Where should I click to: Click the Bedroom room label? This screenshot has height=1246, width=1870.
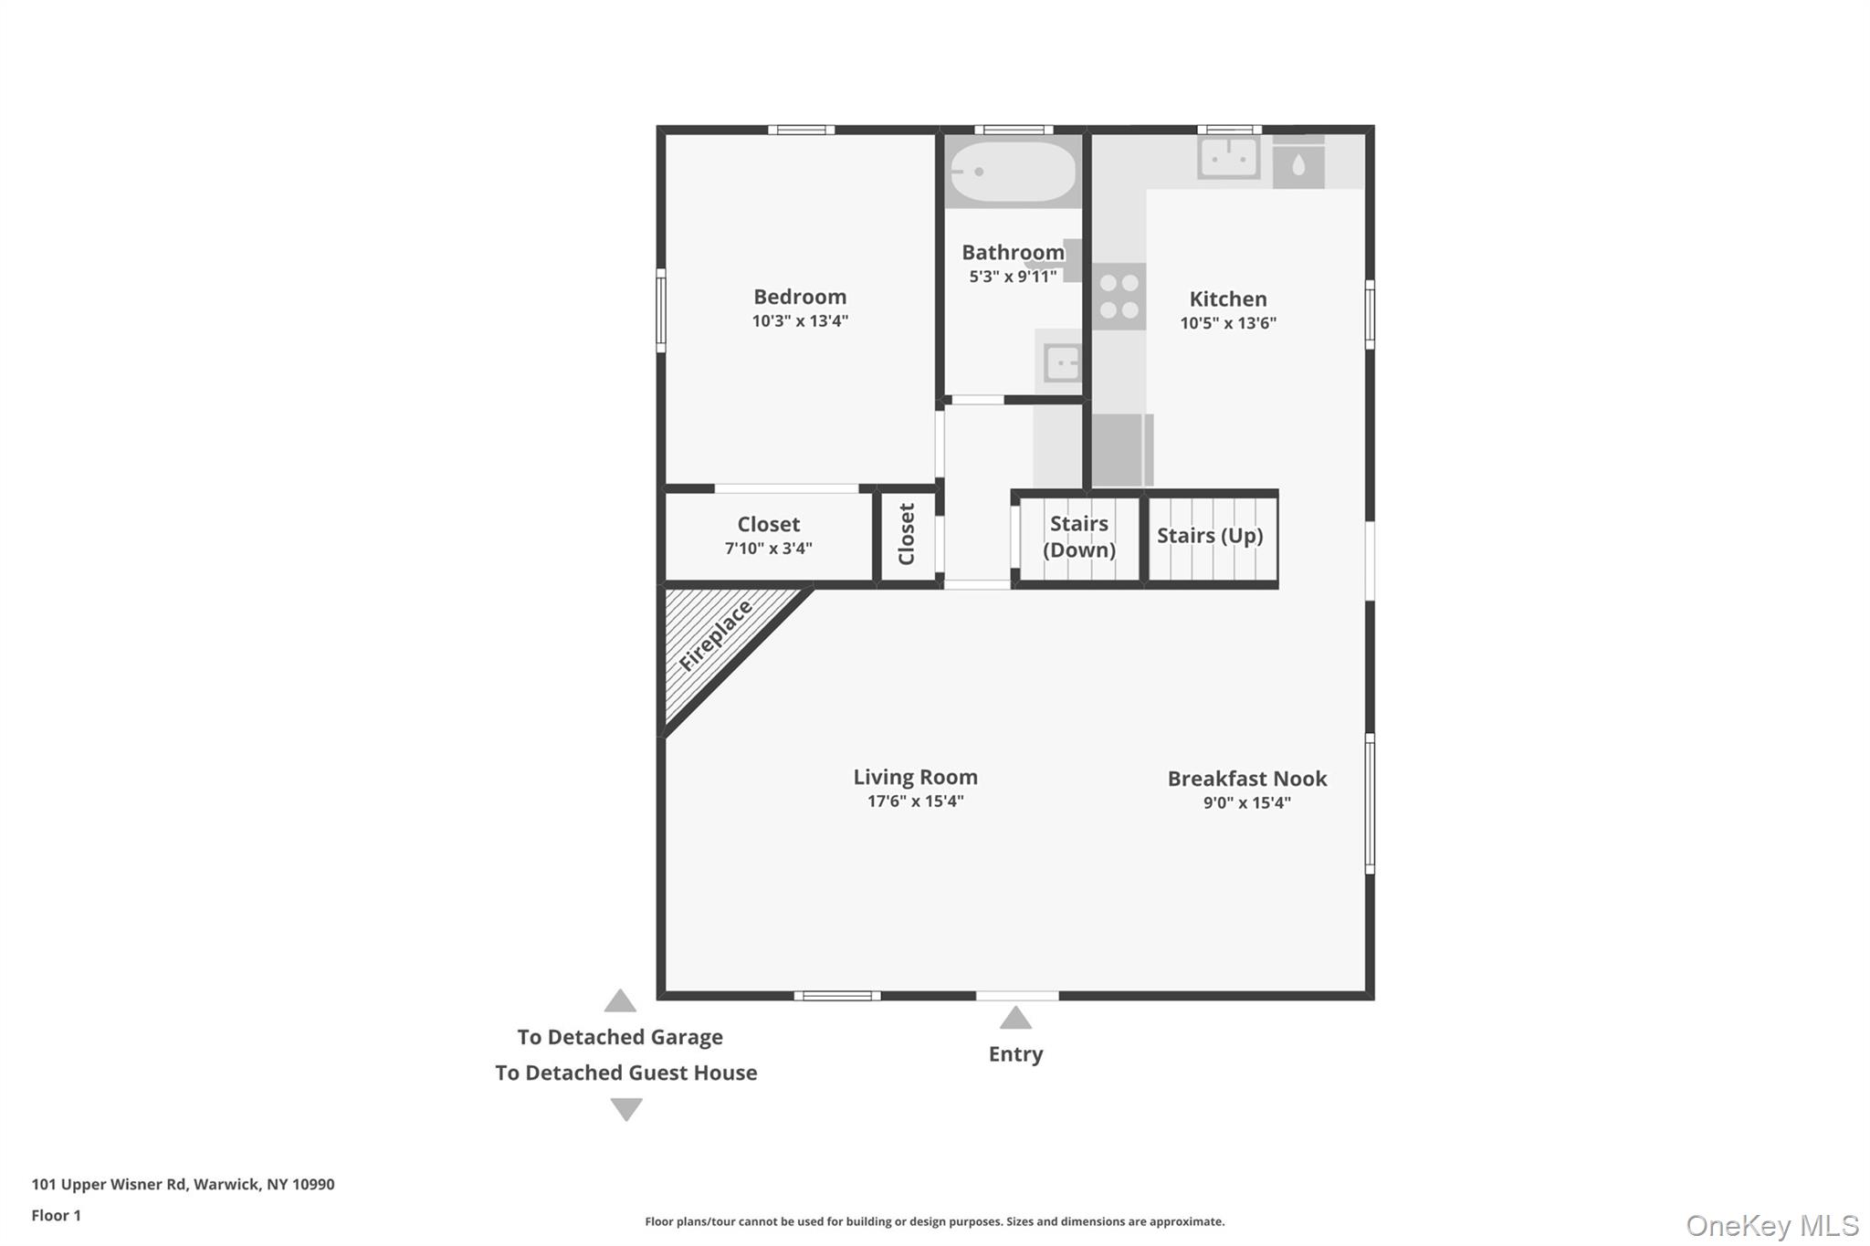pos(800,297)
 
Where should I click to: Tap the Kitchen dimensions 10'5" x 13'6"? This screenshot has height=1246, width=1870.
pos(1227,323)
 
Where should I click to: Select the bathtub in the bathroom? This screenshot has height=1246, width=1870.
pos(1012,171)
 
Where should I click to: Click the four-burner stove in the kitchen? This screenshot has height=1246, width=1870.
pos(1119,297)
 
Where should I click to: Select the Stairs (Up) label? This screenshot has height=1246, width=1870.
pos(1210,536)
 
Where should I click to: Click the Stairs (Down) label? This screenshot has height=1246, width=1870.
pos(1078,537)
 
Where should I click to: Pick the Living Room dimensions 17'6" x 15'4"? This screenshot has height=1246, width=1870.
pos(915,801)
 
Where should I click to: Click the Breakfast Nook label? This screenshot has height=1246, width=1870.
pos(1246,779)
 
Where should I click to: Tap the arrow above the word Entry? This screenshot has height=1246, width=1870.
pos(1015,1018)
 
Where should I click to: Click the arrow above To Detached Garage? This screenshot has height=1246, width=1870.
pos(620,1001)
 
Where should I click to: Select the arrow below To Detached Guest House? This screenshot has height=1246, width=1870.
pos(626,1109)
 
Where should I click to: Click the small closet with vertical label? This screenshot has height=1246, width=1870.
pos(907,535)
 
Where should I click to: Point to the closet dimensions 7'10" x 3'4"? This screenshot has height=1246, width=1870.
pos(768,549)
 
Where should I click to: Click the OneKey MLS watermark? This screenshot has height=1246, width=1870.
pos(1771,1225)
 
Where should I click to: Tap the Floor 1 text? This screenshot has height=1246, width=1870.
pos(57,1215)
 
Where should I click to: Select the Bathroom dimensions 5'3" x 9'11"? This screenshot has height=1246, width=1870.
pos(1013,277)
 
